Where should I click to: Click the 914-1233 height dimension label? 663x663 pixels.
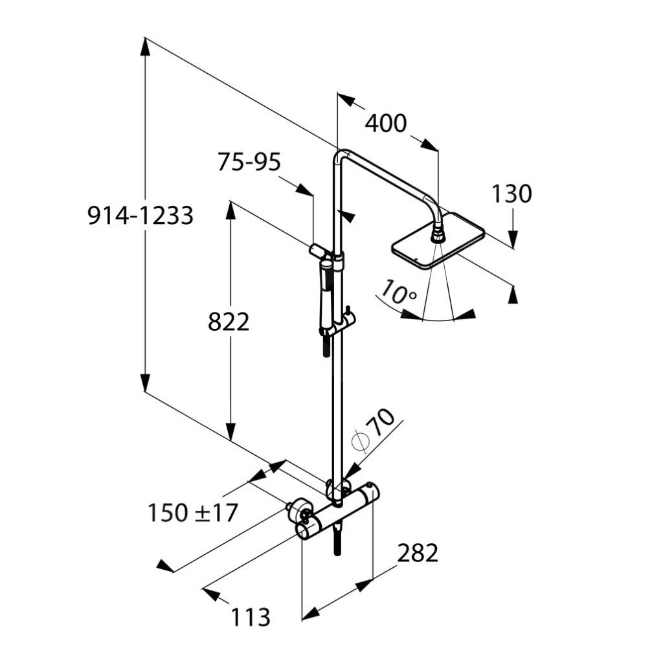pyautogui.click(x=140, y=216)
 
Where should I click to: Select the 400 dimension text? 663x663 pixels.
pyautogui.click(x=386, y=123)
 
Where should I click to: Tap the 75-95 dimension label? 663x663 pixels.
pyautogui.click(x=249, y=162)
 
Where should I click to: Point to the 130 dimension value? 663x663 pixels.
pyautogui.click(x=511, y=194)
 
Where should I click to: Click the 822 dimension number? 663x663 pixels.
pyautogui.click(x=229, y=321)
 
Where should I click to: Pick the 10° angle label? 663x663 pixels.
pyautogui.click(x=398, y=293)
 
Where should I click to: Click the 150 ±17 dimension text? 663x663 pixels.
pyautogui.click(x=193, y=513)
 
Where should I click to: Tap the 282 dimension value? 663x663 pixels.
pyautogui.click(x=418, y=553)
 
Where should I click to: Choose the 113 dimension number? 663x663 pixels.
pyautogui.click(x=251, y=617)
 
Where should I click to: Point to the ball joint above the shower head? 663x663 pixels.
pyautogui.click(x=438, y=232)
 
